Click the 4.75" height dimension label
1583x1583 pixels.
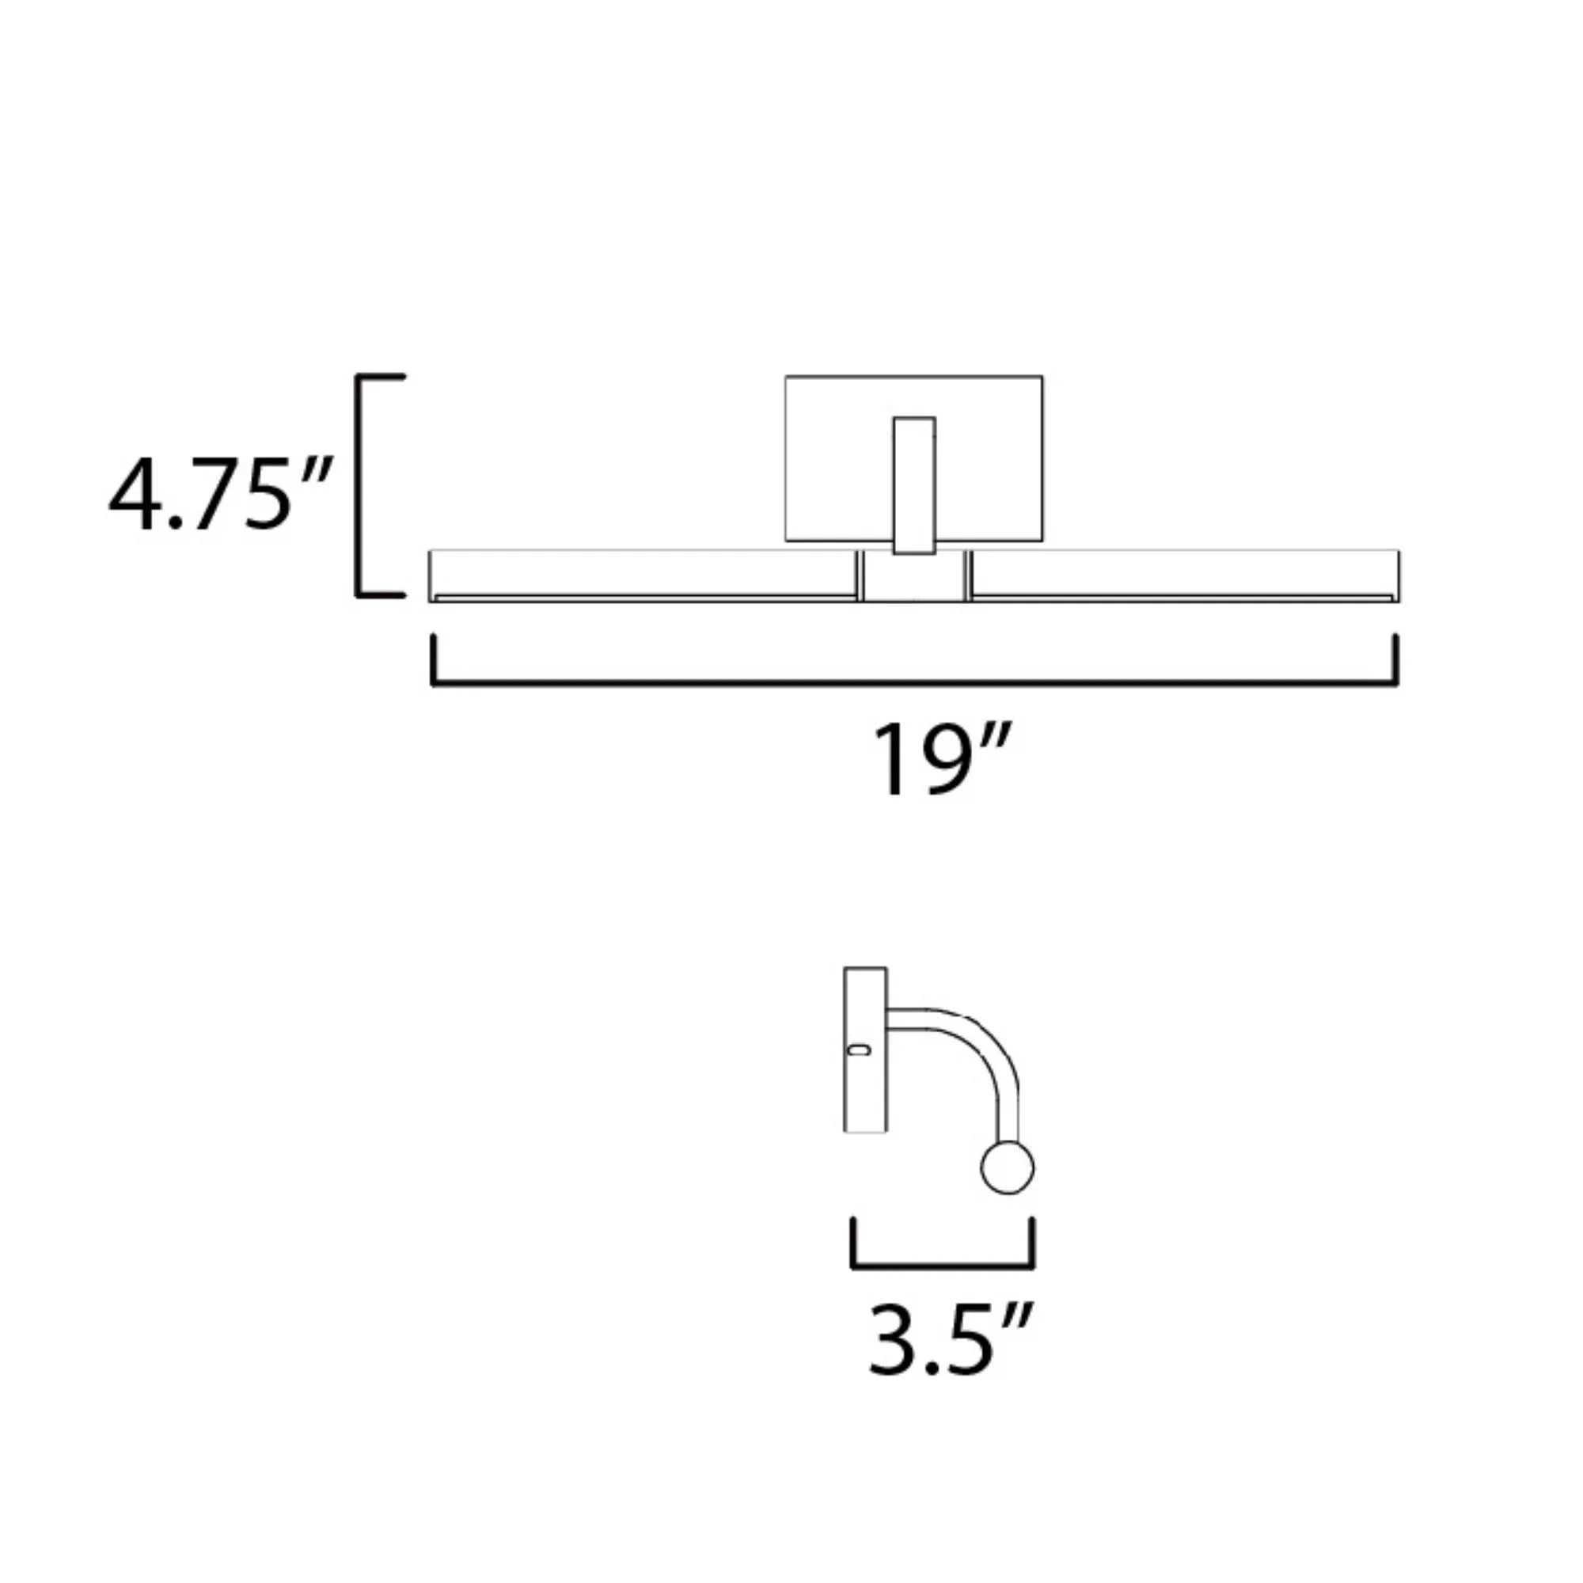click(219, 495)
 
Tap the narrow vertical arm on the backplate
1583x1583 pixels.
click(914, 485)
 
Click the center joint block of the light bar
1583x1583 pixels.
click(913, 579)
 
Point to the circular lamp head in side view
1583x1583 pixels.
click(1007, 1167)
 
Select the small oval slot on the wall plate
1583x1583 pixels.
click(860, 1050)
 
